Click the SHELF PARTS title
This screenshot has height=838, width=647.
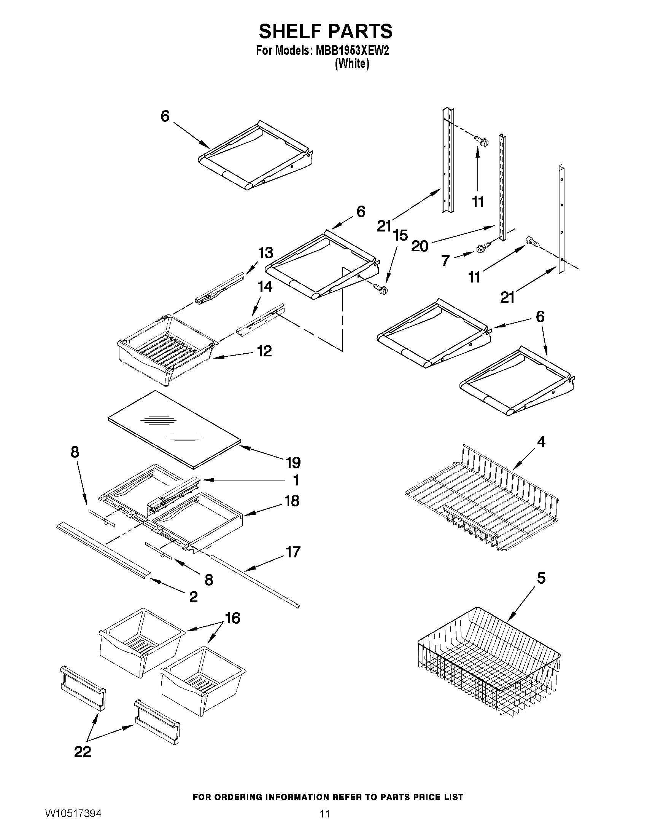click(326, 31)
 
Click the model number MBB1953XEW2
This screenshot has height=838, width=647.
click(352, 51)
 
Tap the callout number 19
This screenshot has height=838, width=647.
click(293, 462)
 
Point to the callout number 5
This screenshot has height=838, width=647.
click(541, 578)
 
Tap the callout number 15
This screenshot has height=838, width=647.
click(400, 235)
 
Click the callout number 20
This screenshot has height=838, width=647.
click(419, 246)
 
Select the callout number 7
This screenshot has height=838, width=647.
click(445, 260)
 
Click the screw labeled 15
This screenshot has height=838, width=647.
click(380, 288)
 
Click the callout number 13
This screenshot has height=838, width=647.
click(265, 253)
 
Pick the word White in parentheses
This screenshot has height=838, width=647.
click(352, 64)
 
